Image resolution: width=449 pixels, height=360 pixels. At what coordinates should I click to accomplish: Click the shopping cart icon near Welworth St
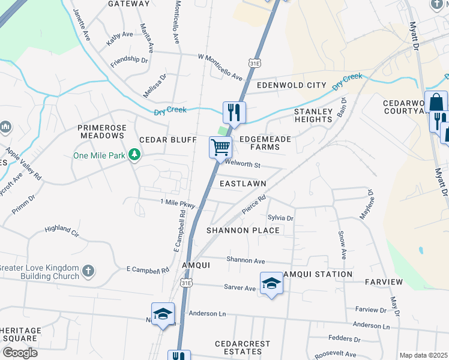point(220,146)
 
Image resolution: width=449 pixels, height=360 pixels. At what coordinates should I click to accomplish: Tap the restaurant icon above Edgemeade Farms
point(233,112)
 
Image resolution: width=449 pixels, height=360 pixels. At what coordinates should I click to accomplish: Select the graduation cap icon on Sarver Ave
point(271,283)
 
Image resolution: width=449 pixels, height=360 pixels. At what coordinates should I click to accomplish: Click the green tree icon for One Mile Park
point(136,155)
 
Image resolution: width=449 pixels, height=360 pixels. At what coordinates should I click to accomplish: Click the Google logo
point(19,353)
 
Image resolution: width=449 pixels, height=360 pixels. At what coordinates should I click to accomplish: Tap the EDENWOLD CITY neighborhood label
point(291,85)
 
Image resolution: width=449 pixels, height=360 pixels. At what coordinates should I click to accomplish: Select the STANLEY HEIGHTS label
point(313,115)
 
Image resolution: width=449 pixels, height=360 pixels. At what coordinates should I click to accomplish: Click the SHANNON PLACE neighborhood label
point(243,230)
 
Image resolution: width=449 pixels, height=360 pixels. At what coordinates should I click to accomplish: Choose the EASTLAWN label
point(243,183)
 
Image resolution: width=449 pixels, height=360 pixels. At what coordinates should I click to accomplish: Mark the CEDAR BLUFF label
point(168,140)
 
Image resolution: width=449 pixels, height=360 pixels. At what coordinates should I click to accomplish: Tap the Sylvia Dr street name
point(280,218)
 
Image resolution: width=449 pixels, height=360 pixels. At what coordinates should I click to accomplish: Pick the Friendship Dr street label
point(129,60)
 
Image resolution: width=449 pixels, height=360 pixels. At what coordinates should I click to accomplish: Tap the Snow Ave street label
point(342,245)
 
